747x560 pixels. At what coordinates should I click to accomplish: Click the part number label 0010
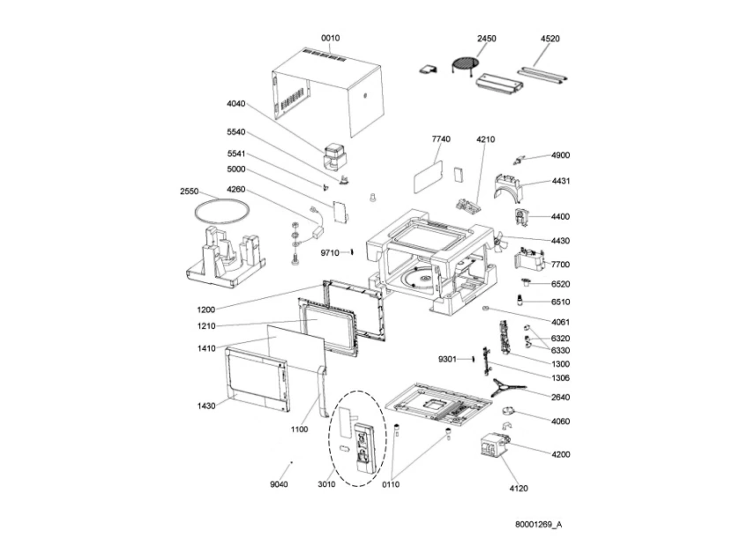(330, 38)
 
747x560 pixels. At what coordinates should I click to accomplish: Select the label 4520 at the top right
(549, 39)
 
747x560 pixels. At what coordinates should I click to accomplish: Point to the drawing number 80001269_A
(538, 525)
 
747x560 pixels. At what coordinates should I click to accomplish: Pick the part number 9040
(279, 484)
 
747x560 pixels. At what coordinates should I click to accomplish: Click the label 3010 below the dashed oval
(326, 484)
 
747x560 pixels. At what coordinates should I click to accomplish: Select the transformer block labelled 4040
(335, 157)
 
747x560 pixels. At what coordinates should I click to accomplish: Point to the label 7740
(441, 139)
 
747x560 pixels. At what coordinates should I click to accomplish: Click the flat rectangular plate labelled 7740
(428, 176)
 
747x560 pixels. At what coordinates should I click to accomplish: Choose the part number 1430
(206, 406)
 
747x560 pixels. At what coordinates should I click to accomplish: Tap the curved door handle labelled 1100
(323, 392)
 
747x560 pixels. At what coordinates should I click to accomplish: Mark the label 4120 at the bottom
(519, 488)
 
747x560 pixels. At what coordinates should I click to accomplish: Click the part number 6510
(560, 302)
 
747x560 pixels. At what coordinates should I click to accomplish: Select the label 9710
(330, 253)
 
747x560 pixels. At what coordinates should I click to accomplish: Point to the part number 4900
(560, 155)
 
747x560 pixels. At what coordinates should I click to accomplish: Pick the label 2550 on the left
(189, 191)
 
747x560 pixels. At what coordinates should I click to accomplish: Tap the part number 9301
(447, 359)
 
